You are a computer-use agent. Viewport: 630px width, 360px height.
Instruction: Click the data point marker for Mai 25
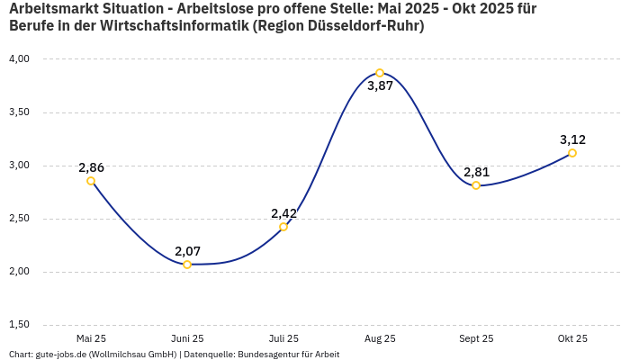click(x=91, y=181)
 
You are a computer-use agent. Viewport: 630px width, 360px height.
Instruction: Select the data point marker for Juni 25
click(x=187, y=265)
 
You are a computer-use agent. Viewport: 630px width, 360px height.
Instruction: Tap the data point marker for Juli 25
click(x=283, y=227)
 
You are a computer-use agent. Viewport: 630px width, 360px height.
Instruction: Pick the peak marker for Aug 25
click(x=380, y=73)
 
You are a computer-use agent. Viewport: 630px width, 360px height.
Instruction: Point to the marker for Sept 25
click(x=476, y=185)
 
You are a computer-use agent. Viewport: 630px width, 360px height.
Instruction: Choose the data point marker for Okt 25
click(x=572, y=153)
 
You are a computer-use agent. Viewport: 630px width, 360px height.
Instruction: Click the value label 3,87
click(x=380, y=87)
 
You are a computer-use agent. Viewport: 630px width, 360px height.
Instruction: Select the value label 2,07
click(x=187, y=250)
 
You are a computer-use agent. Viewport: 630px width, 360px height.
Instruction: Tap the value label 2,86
click(x=91, y=167)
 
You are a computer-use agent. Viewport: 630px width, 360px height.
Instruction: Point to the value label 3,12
click(x=572, y=139)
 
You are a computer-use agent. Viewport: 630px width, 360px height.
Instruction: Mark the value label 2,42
click(x=283, y=213)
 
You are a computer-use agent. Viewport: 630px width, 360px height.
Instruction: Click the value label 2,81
click(x=476, y=172)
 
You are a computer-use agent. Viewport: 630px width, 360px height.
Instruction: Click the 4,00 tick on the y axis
click(x=19, y=59)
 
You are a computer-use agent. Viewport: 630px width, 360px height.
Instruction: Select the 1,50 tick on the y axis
click(x=19, y=325)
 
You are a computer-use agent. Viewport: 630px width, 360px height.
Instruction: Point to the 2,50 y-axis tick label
click(x=19, y=219)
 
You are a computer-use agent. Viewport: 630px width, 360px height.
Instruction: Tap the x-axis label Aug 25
click(x=380, y=339)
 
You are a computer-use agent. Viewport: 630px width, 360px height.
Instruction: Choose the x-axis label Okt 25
click(x=572, y=339)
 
